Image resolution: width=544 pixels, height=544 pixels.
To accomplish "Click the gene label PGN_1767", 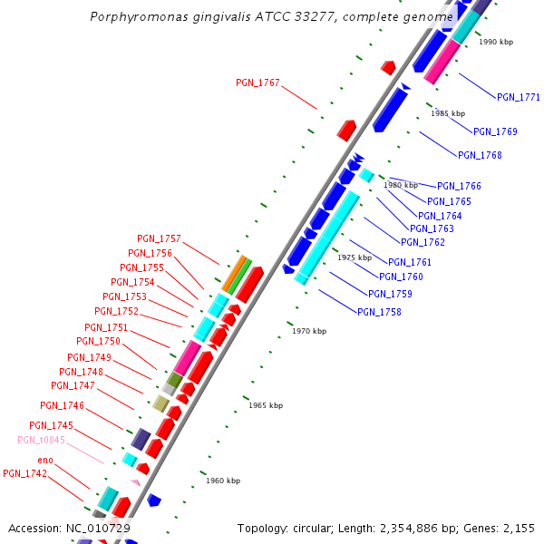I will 257,83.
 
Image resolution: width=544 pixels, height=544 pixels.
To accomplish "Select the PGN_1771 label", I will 519,97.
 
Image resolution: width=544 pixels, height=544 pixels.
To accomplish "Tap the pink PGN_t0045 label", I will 41,440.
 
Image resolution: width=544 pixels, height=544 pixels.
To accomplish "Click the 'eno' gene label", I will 45,461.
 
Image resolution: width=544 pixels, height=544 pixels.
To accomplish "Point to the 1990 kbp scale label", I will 496,42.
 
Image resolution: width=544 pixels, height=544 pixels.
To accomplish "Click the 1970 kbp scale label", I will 309,331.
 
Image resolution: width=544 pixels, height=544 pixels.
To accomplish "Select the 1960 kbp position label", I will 223,481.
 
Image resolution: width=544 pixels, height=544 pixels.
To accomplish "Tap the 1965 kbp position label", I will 266,405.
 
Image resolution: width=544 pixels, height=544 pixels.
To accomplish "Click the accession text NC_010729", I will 98,528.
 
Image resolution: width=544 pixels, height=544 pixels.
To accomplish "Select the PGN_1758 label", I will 379,312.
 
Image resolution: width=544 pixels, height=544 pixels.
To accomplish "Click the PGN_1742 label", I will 24,473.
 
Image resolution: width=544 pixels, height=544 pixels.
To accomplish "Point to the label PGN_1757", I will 159,238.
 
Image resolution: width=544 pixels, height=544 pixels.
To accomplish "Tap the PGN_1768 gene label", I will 480,155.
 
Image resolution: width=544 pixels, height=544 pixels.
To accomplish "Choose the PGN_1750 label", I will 98,341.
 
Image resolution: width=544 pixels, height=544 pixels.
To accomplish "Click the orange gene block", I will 233,273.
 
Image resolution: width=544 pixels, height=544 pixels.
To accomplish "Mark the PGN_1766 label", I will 459,186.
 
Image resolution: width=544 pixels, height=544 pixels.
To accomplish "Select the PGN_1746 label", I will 62,405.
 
